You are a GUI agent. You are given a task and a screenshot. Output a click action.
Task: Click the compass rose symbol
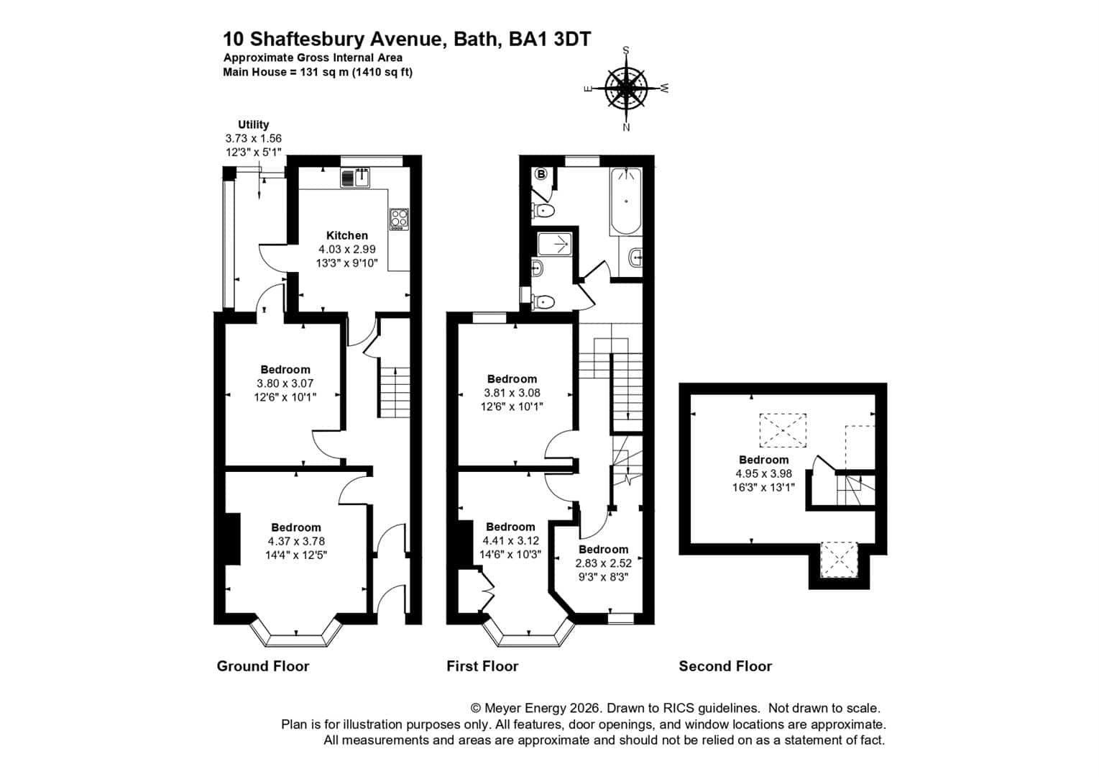(626, 89)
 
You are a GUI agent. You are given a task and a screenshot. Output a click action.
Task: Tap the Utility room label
(253, 124)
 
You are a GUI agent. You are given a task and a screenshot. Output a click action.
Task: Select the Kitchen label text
(347, 235)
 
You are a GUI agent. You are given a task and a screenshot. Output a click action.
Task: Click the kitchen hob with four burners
(400, 219)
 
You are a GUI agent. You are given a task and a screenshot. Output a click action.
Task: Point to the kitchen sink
(355, 178)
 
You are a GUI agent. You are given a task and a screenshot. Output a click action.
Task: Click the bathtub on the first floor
(625, 202)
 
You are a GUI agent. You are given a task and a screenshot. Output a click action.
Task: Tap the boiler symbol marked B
(541, 174)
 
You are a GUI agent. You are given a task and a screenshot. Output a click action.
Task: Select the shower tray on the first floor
(555, 244)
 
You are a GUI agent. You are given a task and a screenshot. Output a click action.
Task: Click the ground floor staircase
(393, 392)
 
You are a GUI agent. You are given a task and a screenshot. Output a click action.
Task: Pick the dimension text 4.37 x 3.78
(296, 541)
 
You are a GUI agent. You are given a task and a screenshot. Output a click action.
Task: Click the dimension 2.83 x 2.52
(604, 563)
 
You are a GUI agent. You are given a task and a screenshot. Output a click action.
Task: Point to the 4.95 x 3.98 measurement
(763, 473)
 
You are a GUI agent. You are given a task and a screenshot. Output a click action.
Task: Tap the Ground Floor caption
(263, 666)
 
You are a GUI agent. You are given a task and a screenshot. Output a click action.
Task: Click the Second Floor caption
(725, 666)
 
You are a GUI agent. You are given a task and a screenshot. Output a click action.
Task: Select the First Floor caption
(482, 666)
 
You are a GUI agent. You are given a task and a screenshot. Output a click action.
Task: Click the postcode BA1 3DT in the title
(550, 40)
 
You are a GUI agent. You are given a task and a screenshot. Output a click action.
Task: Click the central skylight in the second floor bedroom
(783, 431)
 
